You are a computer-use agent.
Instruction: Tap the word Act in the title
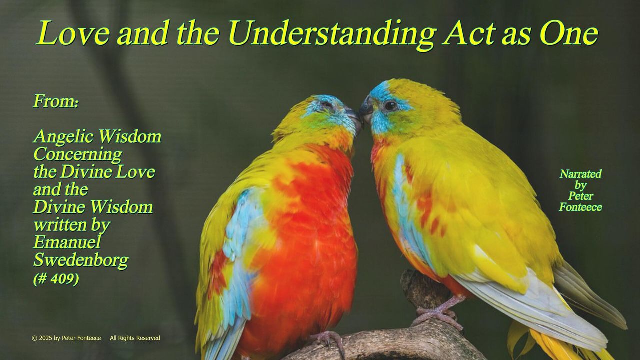[x=469, y=33]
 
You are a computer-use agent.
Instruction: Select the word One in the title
[x=569, y=33]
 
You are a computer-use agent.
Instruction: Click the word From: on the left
[x=55, y=101]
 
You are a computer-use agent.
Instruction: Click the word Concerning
[x=77, y=155]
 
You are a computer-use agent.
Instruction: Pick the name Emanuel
[x=67, y=242]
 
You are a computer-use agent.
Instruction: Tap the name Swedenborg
[x=81, y=261]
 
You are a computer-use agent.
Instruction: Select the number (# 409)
[x=56, y=279]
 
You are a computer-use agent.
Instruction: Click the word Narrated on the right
[x=580, y=174]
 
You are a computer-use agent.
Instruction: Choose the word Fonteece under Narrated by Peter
[x=580, y=207]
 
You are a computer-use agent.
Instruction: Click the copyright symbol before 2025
[x=34, y=338]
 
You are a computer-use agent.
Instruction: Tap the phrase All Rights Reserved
[x=135, y=338]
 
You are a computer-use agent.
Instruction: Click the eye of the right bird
[x=390, y=106]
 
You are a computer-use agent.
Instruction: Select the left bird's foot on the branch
[x=330, y=341]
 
